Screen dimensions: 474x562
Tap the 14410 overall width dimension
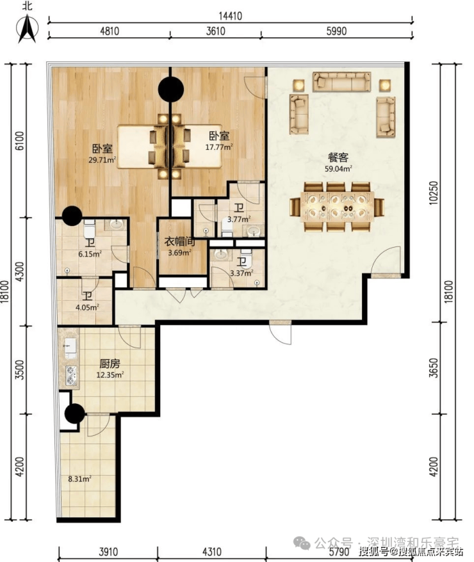[x=230, y=16]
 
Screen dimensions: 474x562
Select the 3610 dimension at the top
[x=215, y=31]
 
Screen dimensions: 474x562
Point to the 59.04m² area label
[x=338, y=169]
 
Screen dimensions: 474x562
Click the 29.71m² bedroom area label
[x=102, y=160]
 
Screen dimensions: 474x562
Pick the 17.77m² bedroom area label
[x=218, y=147]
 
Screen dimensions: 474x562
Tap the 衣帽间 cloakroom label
[x=180, y=241]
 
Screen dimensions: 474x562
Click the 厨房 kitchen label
[x=110, y=364]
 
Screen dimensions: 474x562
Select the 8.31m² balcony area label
[x=79, y=479]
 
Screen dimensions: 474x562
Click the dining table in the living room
[x=337, y=207]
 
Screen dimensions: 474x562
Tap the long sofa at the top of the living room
[x=341, y=82]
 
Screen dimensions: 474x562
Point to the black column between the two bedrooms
[x=171, y=90]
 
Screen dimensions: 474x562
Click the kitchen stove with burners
[x=71, y=375]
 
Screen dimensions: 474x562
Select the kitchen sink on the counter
[x=70, y=347]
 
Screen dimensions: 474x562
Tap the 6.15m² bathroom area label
[x=90, y=254]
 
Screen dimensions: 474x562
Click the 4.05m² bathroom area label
[x=87, y=307]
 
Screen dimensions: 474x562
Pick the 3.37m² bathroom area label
[x=241, y=273]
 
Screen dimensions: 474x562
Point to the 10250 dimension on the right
[x=434, y=193]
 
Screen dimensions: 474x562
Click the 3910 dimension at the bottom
[x=108, y=552]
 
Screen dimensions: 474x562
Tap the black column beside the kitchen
[x=75, y=413]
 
